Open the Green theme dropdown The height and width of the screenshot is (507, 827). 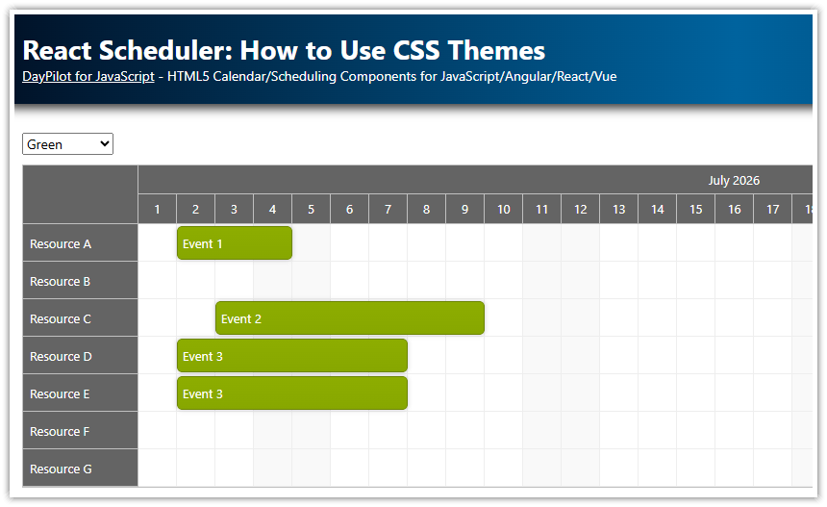tap(67, 144)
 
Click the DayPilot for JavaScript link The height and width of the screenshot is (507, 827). tap(88, 76)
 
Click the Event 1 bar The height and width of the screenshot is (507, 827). tap(234, 243)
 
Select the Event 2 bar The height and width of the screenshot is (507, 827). tap(349, 318)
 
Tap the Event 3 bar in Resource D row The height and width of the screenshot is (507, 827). tap(291, 356)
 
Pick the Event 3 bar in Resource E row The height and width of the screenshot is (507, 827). tap(291, 393)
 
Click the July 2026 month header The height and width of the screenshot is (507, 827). tap(734, 180)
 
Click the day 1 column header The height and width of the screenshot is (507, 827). tap(158, 209)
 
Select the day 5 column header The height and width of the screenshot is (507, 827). tap(311, 209)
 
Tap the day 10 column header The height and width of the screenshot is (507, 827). tap(503, 209)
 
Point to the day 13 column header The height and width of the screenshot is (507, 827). tap(618, 209)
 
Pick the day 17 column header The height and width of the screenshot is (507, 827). tap(772, 209)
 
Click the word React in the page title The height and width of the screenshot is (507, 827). tap(58, 50)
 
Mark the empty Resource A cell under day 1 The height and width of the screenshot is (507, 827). tap(158, 243)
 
